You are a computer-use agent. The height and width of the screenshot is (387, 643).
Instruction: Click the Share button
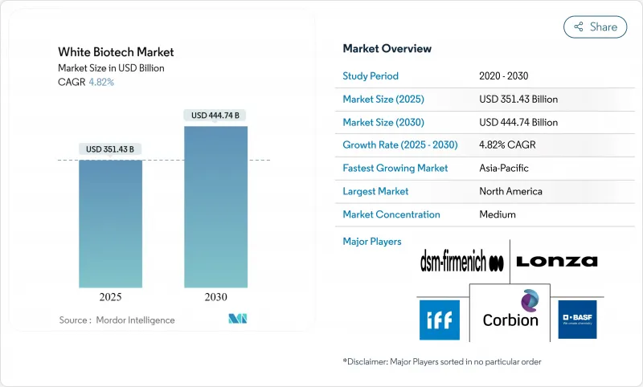(x=595, y=26)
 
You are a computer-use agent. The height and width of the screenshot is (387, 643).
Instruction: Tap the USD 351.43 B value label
(x=110, y=149)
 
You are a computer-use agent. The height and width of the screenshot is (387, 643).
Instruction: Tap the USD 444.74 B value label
(x=215, y=116)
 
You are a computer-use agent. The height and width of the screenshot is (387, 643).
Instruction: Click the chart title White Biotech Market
(x=116, y=52)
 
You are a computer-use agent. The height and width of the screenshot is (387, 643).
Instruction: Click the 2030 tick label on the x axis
(x=215, y=296)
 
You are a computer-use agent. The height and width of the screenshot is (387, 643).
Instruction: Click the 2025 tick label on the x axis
(x=110, y=296)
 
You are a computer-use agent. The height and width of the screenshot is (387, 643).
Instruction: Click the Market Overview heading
(x=387, y=49)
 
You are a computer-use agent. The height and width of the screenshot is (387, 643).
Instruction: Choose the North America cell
(x=510, y=191)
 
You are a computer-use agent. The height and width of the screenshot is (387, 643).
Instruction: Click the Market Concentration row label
(x=391, y=214)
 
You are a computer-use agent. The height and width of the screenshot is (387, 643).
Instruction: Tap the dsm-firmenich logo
(x=462, y=262)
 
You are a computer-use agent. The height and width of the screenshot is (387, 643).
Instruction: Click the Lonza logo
(x=556, y=261)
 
